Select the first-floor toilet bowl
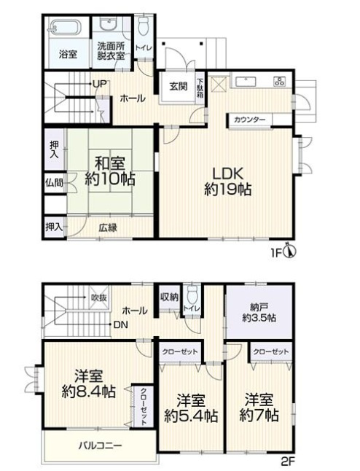[144, 26]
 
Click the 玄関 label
[179, 87]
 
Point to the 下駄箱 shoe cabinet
[200, 87]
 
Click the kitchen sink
[246, 82]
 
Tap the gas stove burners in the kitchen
[280, 81]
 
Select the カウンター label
[250, 120]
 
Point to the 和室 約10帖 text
[110, 171]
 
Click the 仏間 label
[55, 182]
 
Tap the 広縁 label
[108, 228]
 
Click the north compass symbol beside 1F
[290, 252]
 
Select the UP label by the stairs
[99, 84]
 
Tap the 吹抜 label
[99, 297]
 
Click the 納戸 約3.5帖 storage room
[259, 312]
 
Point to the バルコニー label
[101, 445]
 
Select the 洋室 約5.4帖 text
[191, 408]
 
